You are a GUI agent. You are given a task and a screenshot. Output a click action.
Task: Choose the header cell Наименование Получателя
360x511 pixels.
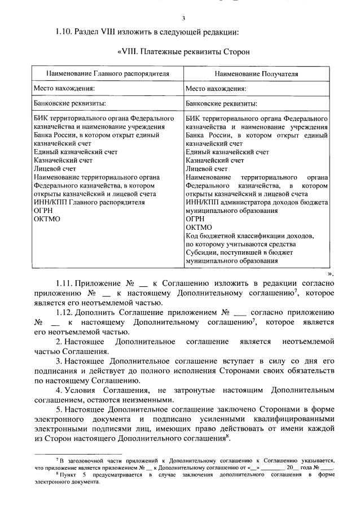pos(256,74)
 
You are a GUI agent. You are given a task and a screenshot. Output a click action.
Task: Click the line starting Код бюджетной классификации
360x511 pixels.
pos(249,236)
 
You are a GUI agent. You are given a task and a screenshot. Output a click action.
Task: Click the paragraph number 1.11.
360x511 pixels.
pos(66,282)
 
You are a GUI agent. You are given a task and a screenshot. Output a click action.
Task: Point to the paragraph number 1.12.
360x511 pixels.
pos(66,311)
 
